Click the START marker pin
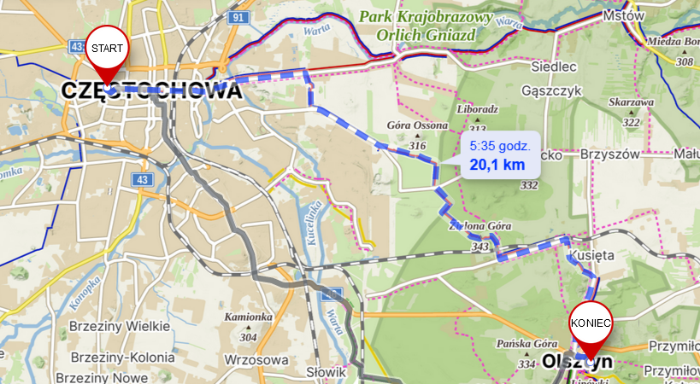click(107, 50)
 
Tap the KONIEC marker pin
click(591, 324)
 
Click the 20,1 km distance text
click(497, 165)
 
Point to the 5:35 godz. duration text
click(500, 146)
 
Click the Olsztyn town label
click(577, 363)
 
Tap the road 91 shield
click(238, 17)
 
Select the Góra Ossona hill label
click(418, 125)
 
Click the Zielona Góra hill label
click(481, 226)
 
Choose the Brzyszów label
click(609, 154)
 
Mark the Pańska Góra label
click(522, 344)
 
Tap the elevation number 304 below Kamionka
click(249, 337)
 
